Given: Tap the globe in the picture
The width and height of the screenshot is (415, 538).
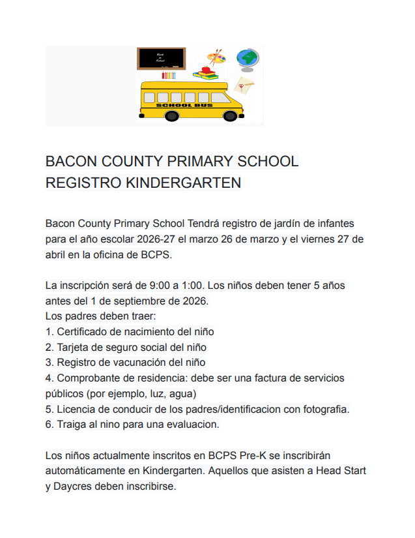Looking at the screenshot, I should [248, 58].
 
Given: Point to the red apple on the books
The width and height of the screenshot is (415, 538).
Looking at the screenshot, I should [207, 68].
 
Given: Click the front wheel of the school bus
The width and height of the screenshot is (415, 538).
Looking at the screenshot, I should [230, 116].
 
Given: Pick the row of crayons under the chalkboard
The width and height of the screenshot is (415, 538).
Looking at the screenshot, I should [169, 76].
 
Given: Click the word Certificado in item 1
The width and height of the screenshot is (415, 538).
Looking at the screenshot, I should [82, 332].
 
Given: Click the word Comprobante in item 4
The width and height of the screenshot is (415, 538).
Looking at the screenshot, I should [88, 378].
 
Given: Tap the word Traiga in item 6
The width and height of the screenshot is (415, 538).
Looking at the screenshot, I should [72, 425].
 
